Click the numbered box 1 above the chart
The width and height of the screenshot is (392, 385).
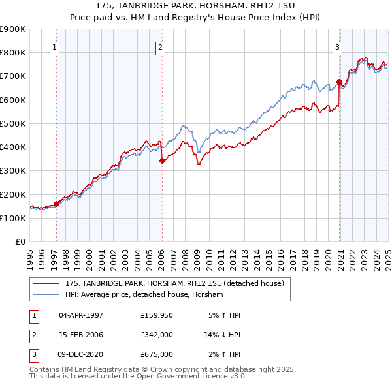54,47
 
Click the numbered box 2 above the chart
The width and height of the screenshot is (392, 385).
160,47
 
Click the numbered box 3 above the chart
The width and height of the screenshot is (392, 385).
337,47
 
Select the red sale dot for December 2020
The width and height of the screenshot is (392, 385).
339,82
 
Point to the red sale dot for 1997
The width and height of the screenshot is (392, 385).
56,204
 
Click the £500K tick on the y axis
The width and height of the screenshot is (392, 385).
13,123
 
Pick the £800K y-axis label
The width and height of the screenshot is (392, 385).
13,52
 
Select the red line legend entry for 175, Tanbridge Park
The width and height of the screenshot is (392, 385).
174,284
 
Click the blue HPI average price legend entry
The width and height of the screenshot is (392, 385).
144,295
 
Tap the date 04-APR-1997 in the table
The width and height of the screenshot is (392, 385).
81,315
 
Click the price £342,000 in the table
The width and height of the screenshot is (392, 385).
157,335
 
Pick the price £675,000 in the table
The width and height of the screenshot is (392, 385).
157,354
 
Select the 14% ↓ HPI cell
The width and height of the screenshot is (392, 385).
222,335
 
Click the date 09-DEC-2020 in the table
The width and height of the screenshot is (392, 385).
81,354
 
